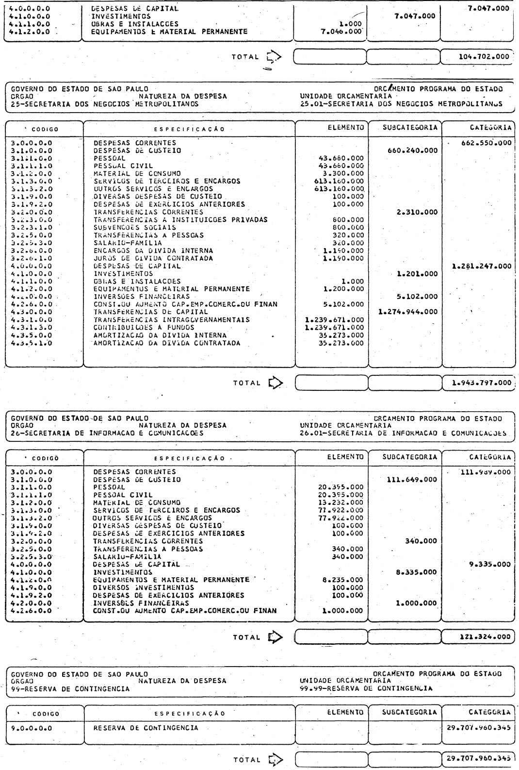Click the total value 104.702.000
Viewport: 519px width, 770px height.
[484, 56]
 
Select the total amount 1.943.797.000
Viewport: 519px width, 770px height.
[481, 382]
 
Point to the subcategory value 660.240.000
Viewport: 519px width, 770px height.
[412, 151]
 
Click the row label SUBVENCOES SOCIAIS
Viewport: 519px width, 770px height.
[135, 227]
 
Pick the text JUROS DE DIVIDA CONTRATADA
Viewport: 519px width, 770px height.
[153, 258]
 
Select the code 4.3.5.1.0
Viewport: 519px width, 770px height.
[32, 343]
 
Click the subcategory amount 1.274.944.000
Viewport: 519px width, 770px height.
[408, 312]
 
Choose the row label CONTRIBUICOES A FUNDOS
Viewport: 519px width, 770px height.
[144, 327]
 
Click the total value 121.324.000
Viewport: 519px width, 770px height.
[484, 636]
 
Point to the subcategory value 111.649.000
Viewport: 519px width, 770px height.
[412, 479]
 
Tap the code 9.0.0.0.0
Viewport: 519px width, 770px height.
[32, 728]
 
